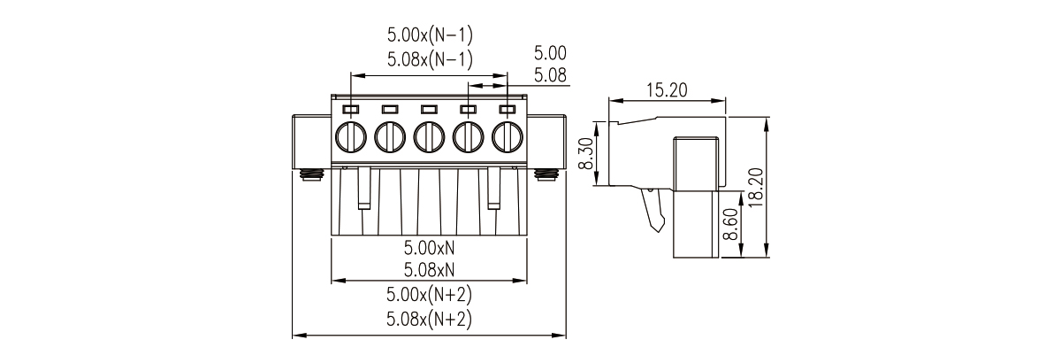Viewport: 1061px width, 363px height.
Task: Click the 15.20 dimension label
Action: pyautogui.click(x=667, y=89)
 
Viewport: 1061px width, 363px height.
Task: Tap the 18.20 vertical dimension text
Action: pyautogui.click(x=757, y=187)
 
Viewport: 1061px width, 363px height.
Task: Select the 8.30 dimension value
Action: pyautogui.click(x=586, y=153)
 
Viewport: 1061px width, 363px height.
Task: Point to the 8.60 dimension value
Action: pyautogui.click(x=732, y=225)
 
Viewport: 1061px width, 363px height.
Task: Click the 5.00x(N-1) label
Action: pyautogui.click(x=430, y=35)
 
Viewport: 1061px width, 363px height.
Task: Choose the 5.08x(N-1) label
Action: pyautogui.click(x=430, y=60)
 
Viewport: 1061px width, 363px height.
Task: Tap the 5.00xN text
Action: pyautogui.click(x=429, y=247)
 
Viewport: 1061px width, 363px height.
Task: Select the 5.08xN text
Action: pyautogui.click(x=429, y=270)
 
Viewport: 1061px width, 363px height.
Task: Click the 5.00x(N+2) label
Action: pyautogui.click(x=429, y=295)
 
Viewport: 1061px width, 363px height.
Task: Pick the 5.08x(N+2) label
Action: pyautogui.click(x=429, y=319)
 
